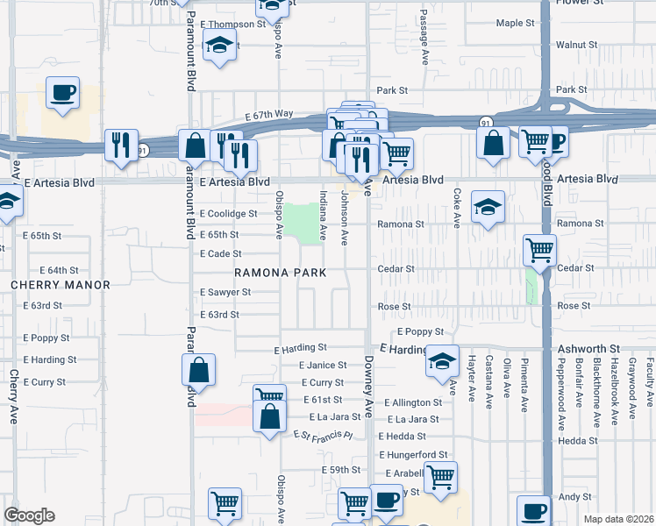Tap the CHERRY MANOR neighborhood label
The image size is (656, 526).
point(61,285)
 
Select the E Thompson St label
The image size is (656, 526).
point(232,24)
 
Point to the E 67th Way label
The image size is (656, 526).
point(269,115)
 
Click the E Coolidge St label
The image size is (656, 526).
point(228,214)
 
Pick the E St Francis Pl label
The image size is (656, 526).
point(323,435)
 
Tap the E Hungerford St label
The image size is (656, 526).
point(414,454)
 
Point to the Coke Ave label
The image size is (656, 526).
point(457,208)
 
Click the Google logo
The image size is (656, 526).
point(29,515)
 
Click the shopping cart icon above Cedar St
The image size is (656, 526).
point(539,250)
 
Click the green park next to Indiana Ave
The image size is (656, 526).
point(303,224)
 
